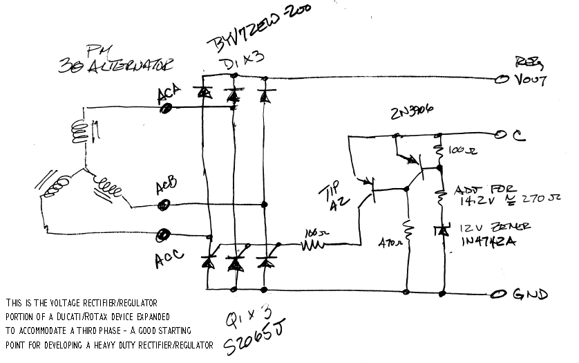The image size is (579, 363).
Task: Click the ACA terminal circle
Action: point(167,106)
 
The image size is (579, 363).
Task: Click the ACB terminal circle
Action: point(164,205)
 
